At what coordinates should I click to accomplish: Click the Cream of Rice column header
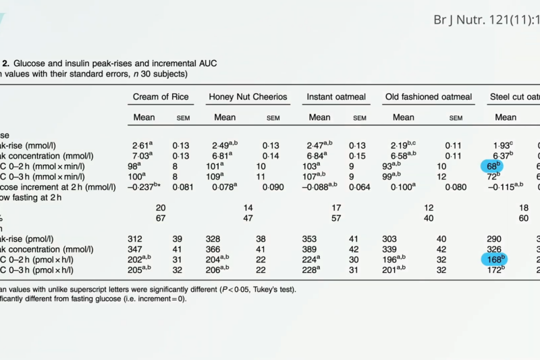(161, 97)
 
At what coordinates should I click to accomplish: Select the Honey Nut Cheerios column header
(248, 97)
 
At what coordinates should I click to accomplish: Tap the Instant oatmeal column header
(336, 97)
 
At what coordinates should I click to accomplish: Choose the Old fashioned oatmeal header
(429, 97)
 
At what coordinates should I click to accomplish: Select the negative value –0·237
(144, 186)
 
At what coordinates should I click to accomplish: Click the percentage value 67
(161, 218)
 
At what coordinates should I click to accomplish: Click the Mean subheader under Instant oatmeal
(320, 118)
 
